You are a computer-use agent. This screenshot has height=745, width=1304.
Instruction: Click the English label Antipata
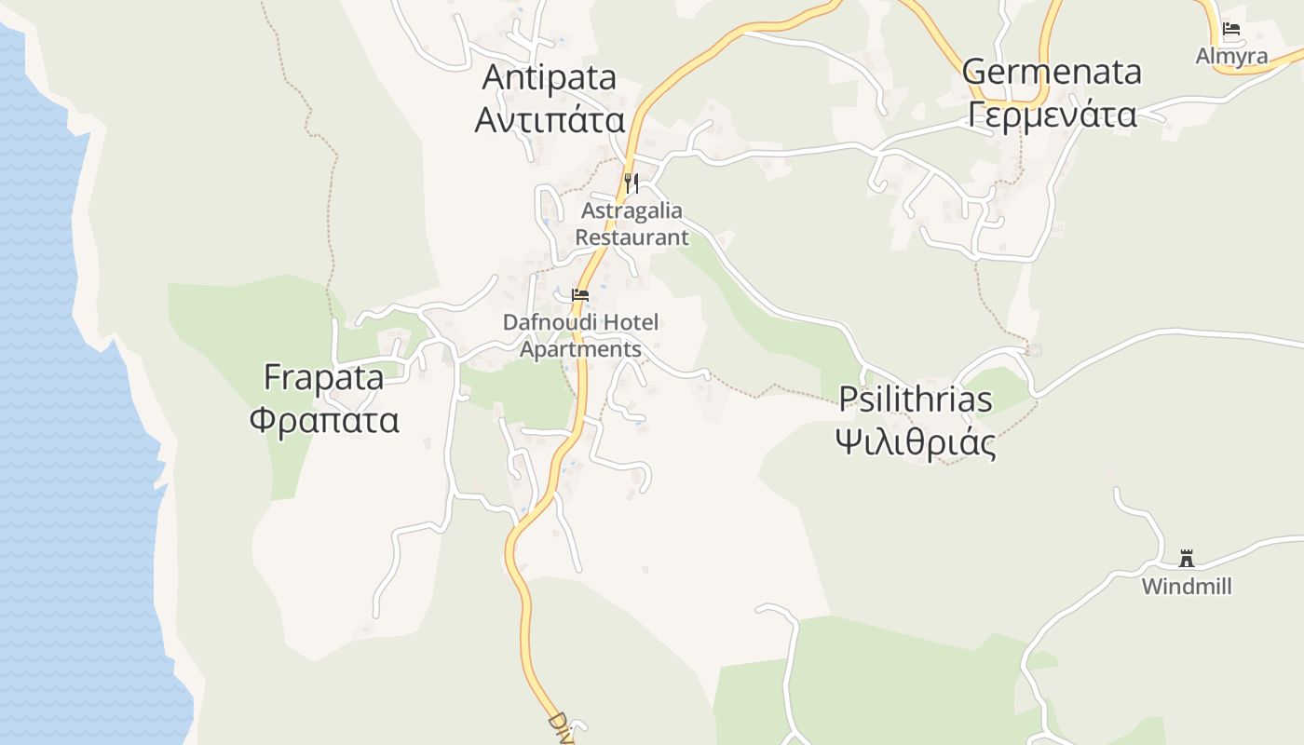coord(549,77)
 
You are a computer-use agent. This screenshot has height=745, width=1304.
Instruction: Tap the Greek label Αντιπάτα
coord(549,120)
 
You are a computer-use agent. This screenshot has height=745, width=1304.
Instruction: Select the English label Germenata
coord(1052,72)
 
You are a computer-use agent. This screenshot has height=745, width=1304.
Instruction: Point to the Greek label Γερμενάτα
coord(1052,115)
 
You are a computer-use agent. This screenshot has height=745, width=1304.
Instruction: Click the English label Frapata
coord(323,378)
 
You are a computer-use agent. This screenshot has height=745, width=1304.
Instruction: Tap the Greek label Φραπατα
coord(323,420)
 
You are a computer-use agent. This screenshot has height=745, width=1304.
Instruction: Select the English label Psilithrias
coord(915,400)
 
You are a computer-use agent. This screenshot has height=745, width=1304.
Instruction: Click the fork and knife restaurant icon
coord(632,183)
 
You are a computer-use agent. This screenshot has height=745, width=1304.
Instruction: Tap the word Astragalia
coord(632,210)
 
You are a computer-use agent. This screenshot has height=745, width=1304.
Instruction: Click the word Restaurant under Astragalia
coord(632,237)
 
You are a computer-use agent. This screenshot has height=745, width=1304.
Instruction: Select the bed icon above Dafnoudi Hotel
coord(580,295)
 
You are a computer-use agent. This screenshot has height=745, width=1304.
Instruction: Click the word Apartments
coord(580,349)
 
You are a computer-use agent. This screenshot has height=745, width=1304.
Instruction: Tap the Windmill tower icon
coord(1186,559)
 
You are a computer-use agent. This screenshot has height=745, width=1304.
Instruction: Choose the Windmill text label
coord(1186,587)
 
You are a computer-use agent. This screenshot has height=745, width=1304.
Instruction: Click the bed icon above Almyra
coord(1231,29)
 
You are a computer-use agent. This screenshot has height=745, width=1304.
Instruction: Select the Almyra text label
coord(1231,56)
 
